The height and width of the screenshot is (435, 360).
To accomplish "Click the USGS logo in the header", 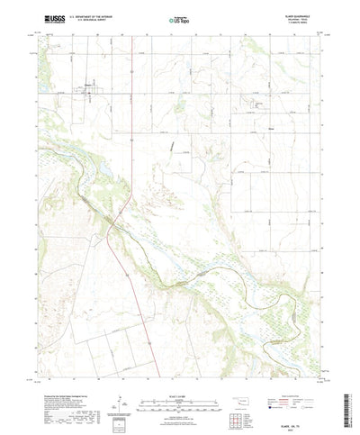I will tap(45, 17).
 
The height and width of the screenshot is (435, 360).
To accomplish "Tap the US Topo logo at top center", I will tap(179, 17).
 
